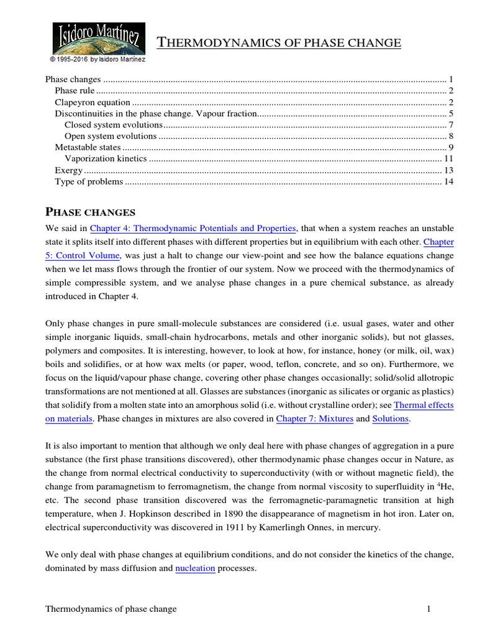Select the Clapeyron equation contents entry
pos(93,102)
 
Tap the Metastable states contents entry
pos(88,147)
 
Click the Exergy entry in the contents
pos(68,170)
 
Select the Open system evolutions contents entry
pos(111,136)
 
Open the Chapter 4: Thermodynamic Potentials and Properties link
pos(194,229)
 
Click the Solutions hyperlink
pos(390,419)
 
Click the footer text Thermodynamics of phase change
pos(111,609)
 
